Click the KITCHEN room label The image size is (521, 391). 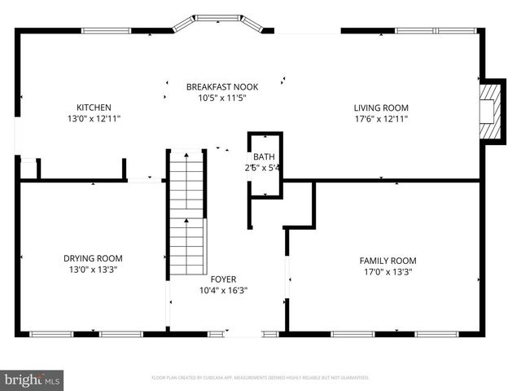94,108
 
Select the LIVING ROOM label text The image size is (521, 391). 380,108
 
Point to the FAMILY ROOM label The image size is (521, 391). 387,261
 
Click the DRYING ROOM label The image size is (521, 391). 93,258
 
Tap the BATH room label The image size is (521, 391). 264,157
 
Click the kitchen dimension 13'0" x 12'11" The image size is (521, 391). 94,118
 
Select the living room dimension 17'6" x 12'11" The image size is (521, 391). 380,118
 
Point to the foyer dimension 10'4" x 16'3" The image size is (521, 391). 222,289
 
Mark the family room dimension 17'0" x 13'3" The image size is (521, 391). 387,271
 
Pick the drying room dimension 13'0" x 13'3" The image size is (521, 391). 93,269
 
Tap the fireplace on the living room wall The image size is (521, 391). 489,110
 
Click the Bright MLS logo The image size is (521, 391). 32,380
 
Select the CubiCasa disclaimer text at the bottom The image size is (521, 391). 260,378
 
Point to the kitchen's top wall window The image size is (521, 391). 106,31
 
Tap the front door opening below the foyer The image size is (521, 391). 243,332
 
